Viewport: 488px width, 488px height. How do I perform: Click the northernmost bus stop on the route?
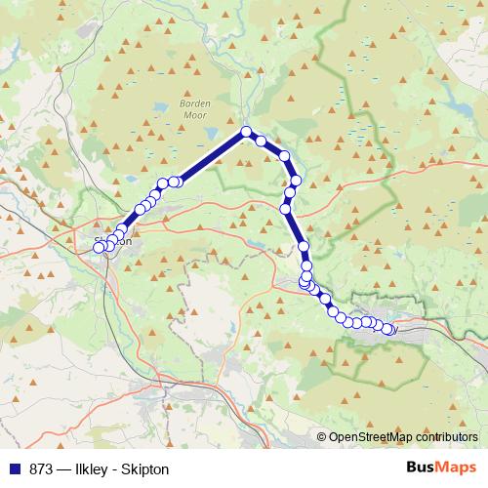click(246, 133)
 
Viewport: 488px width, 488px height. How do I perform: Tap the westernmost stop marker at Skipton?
click(99, 248)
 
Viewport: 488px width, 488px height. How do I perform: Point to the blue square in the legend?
click(15, 469)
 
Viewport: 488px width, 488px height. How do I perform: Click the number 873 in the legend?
click(43, 469)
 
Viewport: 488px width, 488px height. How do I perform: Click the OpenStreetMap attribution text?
click(403, 438)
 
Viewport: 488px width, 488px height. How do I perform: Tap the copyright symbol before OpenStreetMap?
click(322, 438)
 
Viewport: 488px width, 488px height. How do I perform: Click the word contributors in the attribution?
click(448, 438)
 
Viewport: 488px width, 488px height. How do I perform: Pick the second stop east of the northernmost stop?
click(284, 155)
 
